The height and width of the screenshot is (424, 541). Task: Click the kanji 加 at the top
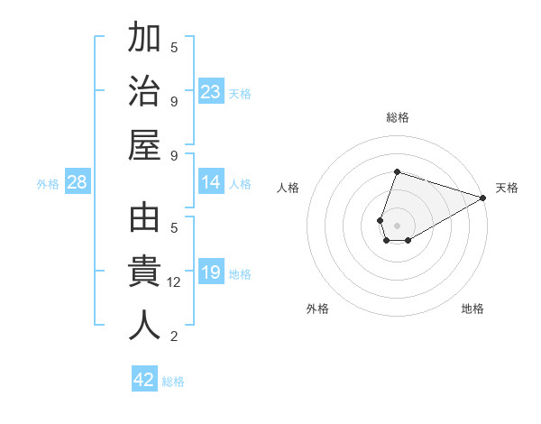[144, 40]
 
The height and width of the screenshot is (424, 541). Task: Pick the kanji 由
[144, 220]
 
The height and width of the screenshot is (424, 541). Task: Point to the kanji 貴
[144, 272]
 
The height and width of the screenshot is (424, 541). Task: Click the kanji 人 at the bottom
[144, 325]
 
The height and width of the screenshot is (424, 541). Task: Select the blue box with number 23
[211, 92]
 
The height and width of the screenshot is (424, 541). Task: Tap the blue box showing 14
[211, 183]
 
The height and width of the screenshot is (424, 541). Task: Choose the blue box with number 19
[211, 273]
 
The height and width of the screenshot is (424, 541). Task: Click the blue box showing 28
[78, 183]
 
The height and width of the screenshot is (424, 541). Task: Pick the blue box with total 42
[144, 380]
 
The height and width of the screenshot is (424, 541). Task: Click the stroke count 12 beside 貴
[175, 282]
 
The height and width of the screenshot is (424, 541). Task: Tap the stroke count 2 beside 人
[174, 336]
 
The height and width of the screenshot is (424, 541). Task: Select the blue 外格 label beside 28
[48, 184]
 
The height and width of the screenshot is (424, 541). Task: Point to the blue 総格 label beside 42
[173, 382]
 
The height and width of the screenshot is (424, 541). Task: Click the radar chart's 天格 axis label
[507, 188]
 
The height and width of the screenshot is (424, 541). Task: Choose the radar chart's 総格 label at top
[397, 117]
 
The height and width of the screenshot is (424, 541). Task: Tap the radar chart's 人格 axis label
[289, 188]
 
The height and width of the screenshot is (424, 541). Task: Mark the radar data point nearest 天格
[483, 198]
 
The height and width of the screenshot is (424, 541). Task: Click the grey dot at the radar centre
[397, 213]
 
